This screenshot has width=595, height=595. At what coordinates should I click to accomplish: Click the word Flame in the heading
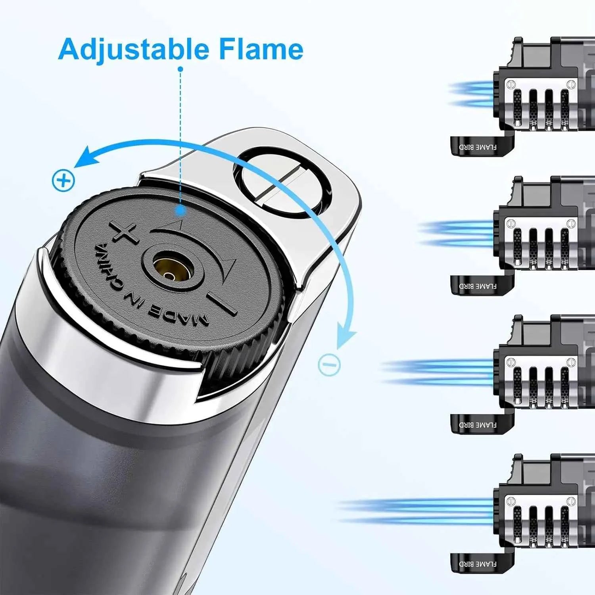pos(261,49)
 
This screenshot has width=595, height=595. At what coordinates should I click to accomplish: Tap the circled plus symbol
pos(63,181)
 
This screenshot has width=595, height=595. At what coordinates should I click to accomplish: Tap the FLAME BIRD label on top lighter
pos(478,147)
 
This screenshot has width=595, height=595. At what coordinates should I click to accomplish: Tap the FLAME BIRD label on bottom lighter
pos(478,564)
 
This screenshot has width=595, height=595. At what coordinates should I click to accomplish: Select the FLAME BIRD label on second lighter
pos(478,286)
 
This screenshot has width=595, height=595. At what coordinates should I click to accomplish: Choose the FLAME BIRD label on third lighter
pos(478,425)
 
